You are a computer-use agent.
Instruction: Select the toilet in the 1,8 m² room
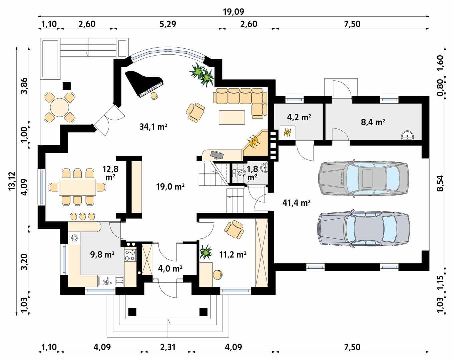[240, 173]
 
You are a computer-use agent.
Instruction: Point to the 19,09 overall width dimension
[233, 12]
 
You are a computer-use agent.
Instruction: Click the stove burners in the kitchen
[130, 255]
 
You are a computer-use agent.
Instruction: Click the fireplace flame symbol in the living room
[254, 142]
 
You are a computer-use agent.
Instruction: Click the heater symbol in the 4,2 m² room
[287, 132]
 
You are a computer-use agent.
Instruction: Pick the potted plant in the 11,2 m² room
[205, 252]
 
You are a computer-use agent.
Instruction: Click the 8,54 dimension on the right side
[440, 183]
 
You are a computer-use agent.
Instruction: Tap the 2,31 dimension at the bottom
[167, 347]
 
